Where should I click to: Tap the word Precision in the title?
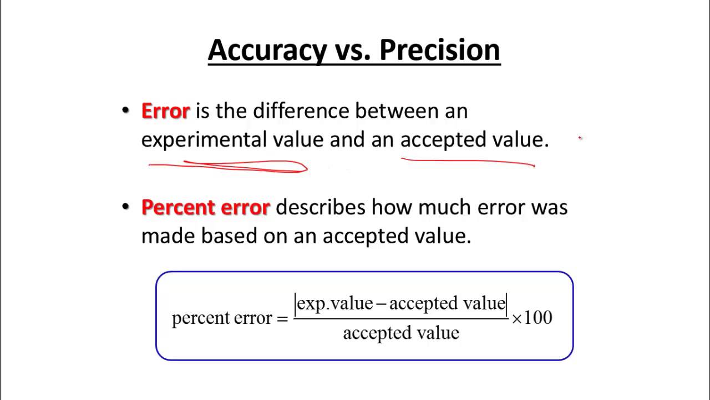coord(440,50)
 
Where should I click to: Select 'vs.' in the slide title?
coord(354,50)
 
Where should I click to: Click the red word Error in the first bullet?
coord(165,111)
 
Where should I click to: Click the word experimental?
coord(204,139)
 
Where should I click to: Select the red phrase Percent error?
coord(205,207)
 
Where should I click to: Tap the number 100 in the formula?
coord(538,318)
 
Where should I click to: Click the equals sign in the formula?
coord(282,318)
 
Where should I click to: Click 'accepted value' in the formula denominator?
coord(401,333)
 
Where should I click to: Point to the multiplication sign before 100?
coord(517,319)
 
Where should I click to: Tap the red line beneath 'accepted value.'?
coord(468,162)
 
